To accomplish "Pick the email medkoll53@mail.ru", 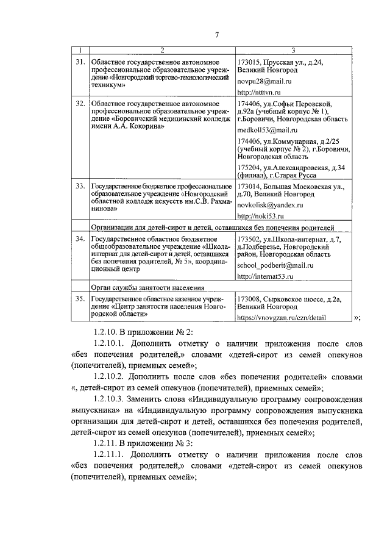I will click(266, 131).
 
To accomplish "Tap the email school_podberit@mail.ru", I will click(275, 266).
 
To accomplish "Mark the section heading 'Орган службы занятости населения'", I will click(147, 287).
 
